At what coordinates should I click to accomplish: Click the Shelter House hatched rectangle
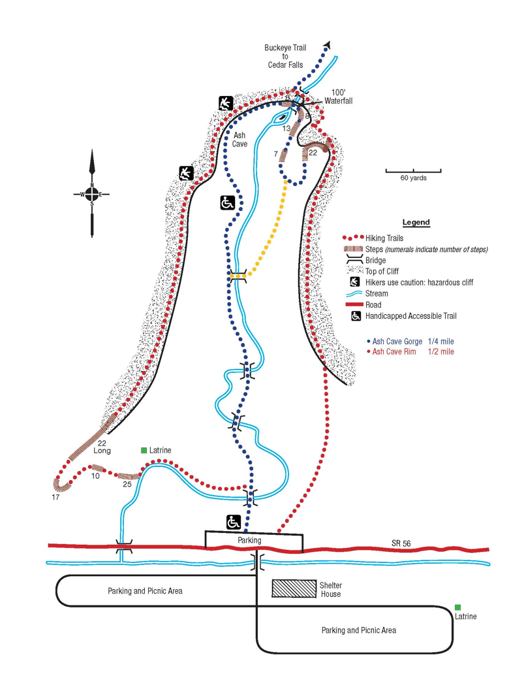294,588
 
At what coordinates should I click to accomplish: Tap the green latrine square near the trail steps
144,450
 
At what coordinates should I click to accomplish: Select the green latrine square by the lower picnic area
459,607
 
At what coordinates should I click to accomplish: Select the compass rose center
92,193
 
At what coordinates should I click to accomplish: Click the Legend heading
416,223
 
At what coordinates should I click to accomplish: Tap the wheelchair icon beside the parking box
234,522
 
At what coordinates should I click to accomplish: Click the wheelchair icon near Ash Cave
227,203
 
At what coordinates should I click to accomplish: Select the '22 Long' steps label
102,447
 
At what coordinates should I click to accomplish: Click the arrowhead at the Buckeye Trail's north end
327,44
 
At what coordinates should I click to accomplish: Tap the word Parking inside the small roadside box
249,540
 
